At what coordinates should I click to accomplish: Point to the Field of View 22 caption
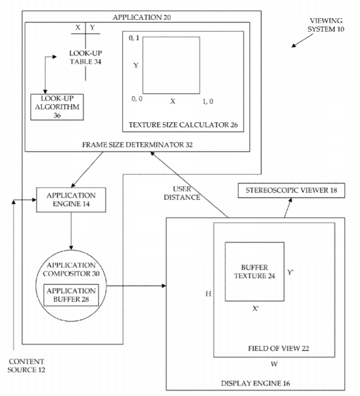[x=279, y=348]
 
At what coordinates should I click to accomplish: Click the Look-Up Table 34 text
[x=85, y=58]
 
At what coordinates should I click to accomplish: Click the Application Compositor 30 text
[x=71, y=270]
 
